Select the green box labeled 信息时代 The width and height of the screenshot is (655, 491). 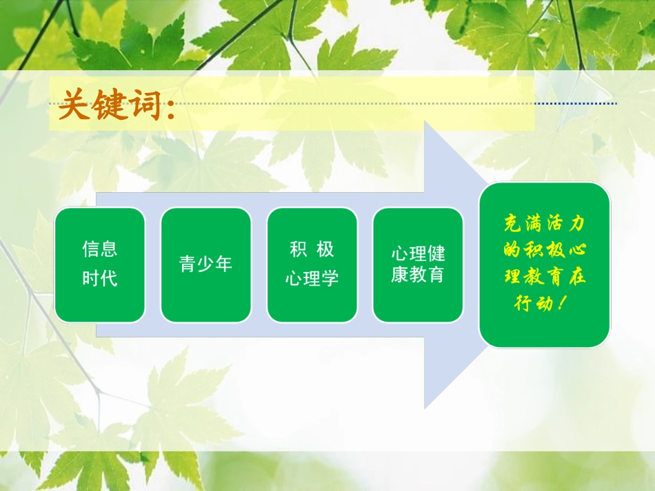pos(100,264)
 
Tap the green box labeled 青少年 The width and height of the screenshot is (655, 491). pos(205,264)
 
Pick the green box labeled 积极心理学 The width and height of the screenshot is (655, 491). pos(312,264)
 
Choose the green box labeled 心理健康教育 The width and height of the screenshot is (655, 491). pos(418,264)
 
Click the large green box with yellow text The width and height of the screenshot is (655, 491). pos(544,264)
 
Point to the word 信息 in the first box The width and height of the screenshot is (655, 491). pos(100,249)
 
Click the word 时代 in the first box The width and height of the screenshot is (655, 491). pos(100,279)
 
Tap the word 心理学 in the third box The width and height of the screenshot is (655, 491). pos(312,279)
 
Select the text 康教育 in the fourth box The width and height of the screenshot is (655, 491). pos(418,276)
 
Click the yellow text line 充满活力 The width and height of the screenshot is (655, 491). pos(544,224)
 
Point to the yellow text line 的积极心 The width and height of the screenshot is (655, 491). pos(544,250)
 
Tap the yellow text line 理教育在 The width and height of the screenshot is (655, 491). pos(544,277)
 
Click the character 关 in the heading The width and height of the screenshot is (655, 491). pos(74,107)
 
